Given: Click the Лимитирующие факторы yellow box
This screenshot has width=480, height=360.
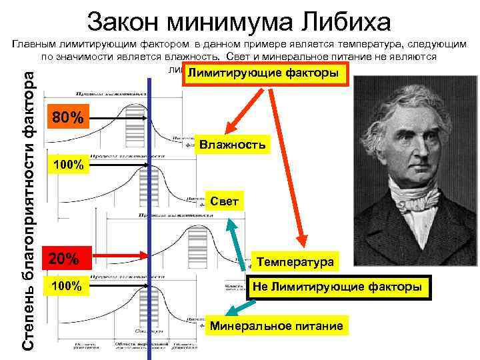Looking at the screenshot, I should click(266, 74).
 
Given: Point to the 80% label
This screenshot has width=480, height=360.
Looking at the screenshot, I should click(68, 119).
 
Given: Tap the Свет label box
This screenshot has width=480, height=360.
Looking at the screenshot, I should click(224, 201).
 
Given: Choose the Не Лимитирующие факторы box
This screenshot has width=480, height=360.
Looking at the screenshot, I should click(337, 287).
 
